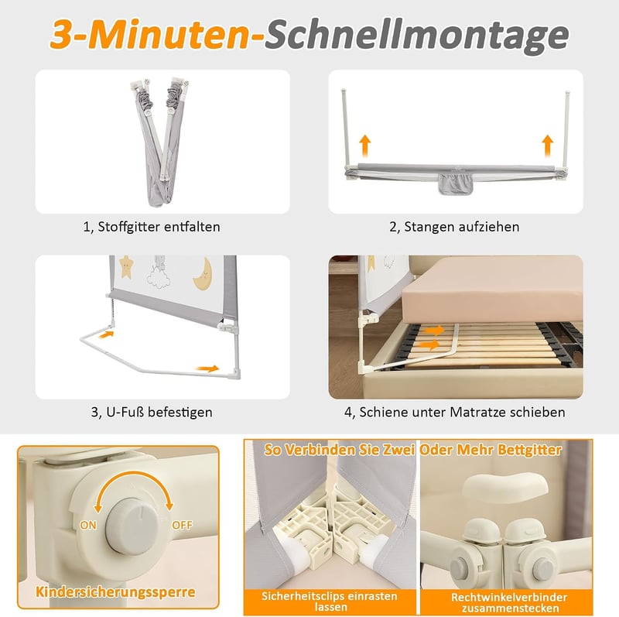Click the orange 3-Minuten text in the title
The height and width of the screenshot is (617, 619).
157,34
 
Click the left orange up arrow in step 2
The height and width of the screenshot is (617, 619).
365,146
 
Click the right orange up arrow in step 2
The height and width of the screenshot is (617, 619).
547,146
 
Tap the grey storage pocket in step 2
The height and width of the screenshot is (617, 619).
456,183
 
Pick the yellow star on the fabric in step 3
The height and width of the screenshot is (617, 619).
126,266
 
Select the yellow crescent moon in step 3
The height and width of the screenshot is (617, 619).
203,274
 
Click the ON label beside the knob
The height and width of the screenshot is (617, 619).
88,525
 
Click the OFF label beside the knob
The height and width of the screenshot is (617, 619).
182,525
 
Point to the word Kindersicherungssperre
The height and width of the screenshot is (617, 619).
115,591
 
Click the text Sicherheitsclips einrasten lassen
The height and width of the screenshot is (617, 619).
330,602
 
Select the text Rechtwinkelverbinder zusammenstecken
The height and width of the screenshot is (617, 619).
509,602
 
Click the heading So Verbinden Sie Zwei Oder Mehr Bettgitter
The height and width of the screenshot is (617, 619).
413,450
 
